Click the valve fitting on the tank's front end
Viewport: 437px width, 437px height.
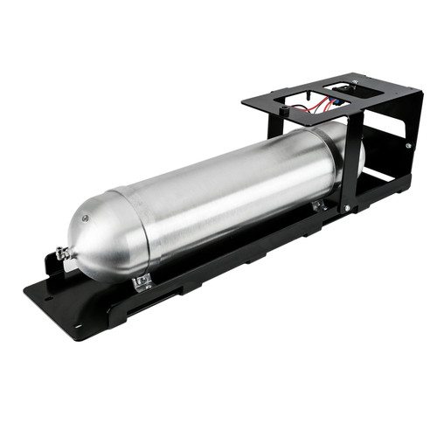point(63,254)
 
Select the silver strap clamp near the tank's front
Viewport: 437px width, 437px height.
point(142,281)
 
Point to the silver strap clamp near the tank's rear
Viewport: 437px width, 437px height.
point(318,205)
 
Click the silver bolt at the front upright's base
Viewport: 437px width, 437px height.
point(347,207)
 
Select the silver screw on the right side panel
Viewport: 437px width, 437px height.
point(407,144)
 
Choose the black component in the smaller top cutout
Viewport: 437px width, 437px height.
point(350,87)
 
